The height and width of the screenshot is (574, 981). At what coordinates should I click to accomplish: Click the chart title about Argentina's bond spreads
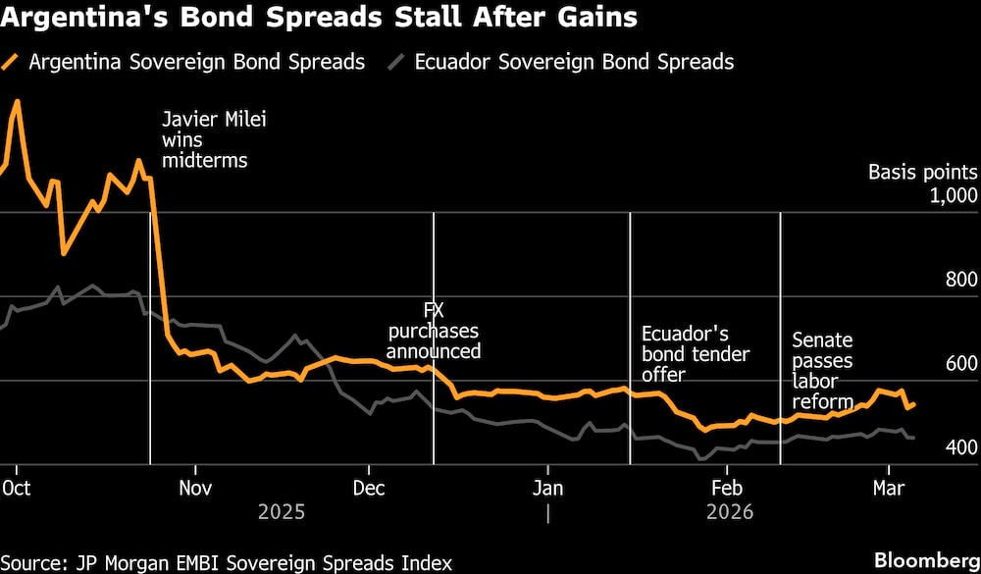pos(319,19)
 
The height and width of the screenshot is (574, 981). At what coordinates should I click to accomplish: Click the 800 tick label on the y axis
pos(959,281)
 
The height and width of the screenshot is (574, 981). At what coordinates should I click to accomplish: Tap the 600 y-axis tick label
pos(959,364)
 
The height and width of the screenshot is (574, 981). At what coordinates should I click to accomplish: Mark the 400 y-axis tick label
pos(959,448)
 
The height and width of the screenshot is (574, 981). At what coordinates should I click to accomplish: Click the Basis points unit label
pos(922,173)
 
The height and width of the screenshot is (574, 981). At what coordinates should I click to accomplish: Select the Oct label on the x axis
pos(15,487)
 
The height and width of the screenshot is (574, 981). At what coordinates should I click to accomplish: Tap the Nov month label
pos(195,487)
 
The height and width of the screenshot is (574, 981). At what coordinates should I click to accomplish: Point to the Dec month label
pos(369,487)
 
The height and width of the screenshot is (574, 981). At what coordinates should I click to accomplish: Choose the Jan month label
pos(547,487)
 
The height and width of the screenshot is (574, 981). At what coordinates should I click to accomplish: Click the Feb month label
pos(726,487)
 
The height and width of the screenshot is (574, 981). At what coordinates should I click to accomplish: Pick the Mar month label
pos(889,487)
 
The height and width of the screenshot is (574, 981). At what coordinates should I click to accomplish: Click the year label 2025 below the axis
pos(282,512)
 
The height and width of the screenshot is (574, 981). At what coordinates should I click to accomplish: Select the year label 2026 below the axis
pos(729,512)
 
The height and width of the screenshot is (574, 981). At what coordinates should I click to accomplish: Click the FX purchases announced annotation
pos(433,331)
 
